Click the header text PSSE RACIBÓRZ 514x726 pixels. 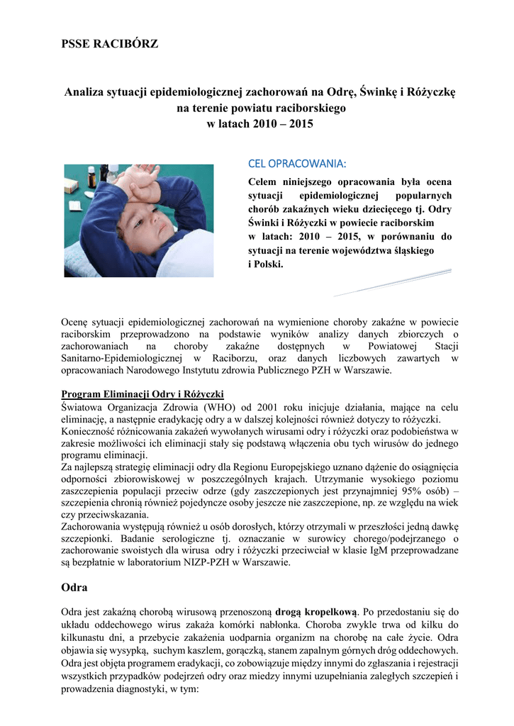110,45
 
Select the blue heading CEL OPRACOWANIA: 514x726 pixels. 296,164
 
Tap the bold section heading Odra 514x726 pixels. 74,587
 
